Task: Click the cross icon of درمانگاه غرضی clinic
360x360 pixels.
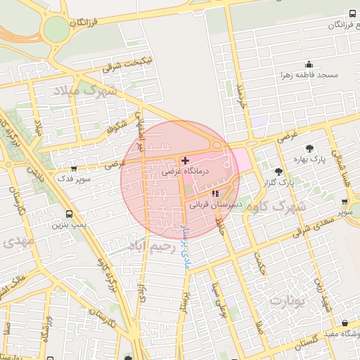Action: (185, 161)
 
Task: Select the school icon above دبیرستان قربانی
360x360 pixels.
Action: (215, 193)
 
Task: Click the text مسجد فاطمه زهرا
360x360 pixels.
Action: (309, 75)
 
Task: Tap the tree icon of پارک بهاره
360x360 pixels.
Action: (309, 148)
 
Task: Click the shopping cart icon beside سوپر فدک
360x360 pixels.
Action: (75, 169)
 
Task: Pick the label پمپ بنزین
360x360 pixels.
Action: (68, 226)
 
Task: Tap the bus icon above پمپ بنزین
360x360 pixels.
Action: (69, 214)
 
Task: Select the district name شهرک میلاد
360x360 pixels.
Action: (83, 91)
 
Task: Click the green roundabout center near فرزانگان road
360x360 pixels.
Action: (54, 30)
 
